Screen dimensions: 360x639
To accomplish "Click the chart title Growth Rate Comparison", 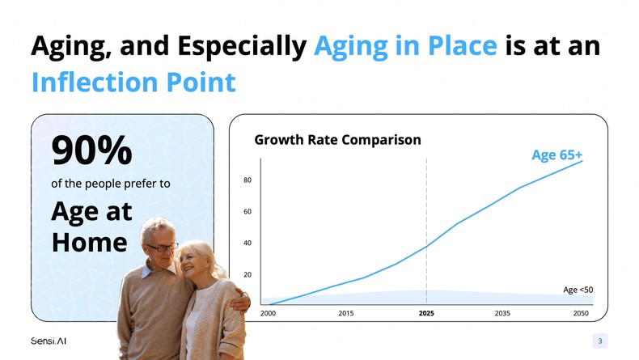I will pyautogui.click(x=337, y=139).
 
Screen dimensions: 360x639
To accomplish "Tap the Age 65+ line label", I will pyautogui.click(x=556, y=155).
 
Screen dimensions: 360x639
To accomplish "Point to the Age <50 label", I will pyautogui.click(x=578, y=290).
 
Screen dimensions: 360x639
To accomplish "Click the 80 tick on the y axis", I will pyautogui.click(x=247, y=180).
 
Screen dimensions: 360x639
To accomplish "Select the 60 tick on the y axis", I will pyautogui.click(x=247, y=211).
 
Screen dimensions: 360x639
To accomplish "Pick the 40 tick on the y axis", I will pyautogui.click(x=247, y=243).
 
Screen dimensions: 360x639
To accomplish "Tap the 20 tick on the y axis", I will pyautogui.click(x=247, y=275).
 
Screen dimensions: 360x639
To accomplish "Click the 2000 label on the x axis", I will pyautogui.click(x=269, y=313).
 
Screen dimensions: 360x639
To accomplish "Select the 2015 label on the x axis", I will pyautogui.click(x=346, y=313).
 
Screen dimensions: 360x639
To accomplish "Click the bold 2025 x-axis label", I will pyautogui.click(x=426, y=313).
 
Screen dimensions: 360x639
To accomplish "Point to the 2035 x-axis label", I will pyautogui.click(x=502, y=313).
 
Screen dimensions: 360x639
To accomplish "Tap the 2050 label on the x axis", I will pyautogui.click(x=581, y=313).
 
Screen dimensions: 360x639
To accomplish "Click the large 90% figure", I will pyautogui.click(x=91, y=150).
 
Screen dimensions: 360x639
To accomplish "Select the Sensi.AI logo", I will pyautogui.click(x=49, y=341).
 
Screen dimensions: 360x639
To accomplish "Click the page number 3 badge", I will pyautogui.click(x=599, y=341).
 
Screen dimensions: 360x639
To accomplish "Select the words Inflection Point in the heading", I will pyautogui.click(x=133, y=82).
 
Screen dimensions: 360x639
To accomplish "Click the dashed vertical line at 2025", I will pyautogui.click(x=426, y=227).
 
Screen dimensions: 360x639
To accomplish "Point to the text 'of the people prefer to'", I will pyautogui.click(x=111, y=184).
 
